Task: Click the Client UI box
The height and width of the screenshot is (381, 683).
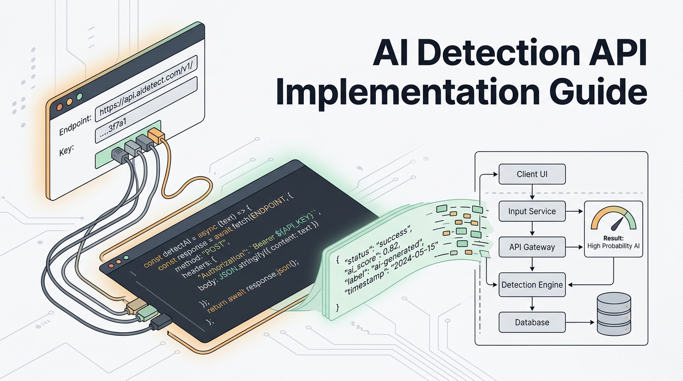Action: (532, 174)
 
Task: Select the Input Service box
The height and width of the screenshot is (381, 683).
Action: (532, 211)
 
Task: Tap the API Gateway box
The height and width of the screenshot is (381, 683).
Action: (532, 247)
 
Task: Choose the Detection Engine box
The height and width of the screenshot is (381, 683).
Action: (532, 285)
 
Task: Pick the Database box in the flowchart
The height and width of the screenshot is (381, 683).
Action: (532, 322)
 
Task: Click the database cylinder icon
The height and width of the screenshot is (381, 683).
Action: (614, 314)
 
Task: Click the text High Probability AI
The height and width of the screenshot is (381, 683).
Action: (613, 246)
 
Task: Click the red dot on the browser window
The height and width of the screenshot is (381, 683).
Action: (60, 107)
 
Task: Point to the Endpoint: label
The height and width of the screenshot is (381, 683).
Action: (75, 126)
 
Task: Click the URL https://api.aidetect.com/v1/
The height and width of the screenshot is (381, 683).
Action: (146, 87)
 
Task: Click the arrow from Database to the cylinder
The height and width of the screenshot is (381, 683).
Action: (580, 322)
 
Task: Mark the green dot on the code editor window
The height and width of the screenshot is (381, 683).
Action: (126, 258)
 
